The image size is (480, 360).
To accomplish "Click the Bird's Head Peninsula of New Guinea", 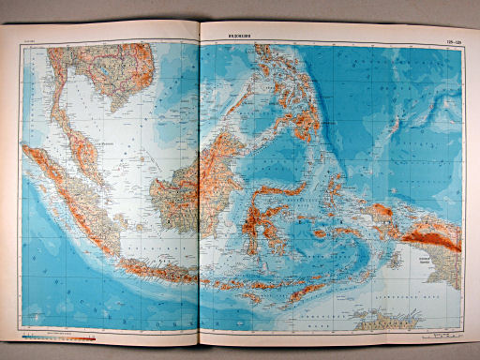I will click(381, 212).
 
